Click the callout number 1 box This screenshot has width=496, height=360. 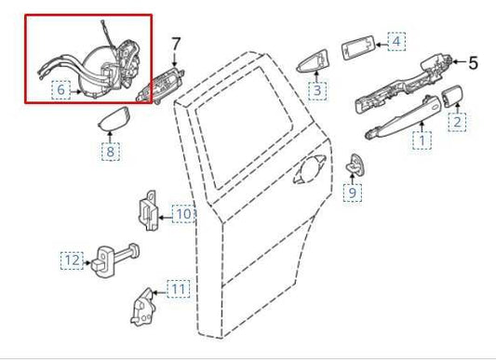[x=424, y=141]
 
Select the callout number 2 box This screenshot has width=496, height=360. [x=457, y=121]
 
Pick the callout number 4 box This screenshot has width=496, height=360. [x=395, y=42]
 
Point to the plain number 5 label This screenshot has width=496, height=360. [x=472, y=64]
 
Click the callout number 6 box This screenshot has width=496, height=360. [x=60, y=90]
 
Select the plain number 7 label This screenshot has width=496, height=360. [x=176, y=42]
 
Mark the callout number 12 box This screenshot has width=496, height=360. [x=72, y=260]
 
